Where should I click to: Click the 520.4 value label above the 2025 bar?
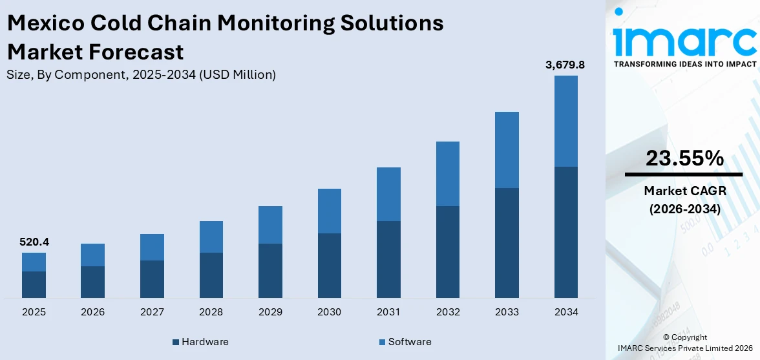(35, 242)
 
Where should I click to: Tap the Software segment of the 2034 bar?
(566, 121)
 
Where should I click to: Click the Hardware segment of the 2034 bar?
(566, 232)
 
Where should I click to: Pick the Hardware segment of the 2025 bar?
(34, 284)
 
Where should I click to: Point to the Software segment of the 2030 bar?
(330, 211)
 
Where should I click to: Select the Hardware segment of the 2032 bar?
(448, 252)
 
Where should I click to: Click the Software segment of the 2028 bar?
(211, 237)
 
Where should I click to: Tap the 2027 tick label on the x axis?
(152, 312)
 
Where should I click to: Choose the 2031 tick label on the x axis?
(388, 312)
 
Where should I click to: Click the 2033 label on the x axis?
(507, 312)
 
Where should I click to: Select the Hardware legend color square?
(176, 342)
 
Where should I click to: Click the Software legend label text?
(409, 342)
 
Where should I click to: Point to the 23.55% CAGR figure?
(684, 158)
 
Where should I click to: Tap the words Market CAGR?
(684, 191)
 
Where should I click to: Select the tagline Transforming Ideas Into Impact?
(684, 64)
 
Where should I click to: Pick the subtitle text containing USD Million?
(141, 74)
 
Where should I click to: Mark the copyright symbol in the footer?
(666, 337)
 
